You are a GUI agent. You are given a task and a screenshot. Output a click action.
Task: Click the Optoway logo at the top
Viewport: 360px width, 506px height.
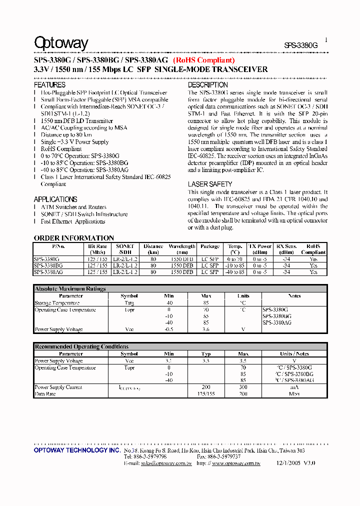pos(61,43)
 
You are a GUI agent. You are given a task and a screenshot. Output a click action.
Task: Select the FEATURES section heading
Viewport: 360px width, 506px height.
pos(49,85)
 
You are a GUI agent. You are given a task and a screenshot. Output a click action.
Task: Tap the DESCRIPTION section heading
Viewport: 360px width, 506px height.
pos(208,85)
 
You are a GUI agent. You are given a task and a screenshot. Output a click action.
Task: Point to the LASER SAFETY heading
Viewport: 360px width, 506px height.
pos(210,184)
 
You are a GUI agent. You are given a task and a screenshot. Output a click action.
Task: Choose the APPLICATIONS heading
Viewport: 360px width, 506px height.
pos(55,199)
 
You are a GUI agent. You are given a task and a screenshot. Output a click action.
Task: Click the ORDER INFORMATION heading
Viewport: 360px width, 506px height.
pos(74,238)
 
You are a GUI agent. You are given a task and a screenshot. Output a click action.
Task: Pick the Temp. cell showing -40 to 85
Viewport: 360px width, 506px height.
pos(235,272)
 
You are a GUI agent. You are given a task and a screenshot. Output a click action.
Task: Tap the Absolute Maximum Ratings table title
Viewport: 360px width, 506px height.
pos(70,289)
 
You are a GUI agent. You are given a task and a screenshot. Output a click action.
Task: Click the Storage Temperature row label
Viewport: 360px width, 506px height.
pos(57,303)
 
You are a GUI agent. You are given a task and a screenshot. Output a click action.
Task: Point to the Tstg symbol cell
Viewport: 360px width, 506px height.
pos(129,303)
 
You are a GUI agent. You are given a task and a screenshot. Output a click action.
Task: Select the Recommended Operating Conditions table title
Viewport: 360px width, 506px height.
pos(81,346)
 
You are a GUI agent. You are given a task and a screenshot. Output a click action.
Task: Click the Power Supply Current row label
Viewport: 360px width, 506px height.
pos(58,387)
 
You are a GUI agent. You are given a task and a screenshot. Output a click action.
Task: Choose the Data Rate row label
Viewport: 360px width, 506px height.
pos(45,394)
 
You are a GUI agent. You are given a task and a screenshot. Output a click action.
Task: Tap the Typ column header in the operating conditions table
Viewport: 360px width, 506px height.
pos(205,353)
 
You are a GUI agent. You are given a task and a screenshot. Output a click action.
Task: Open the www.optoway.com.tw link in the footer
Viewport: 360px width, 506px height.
pos(236,463)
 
